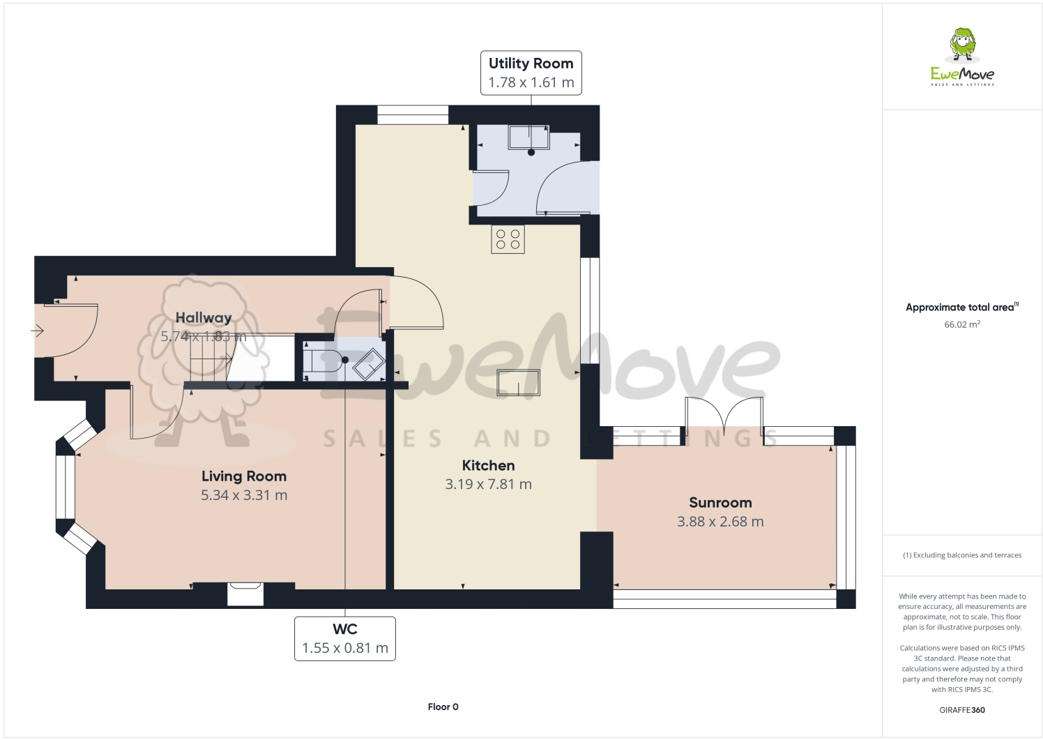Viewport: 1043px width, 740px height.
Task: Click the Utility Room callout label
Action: pos(531,73)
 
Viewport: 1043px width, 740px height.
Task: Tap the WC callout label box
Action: pos(344,638)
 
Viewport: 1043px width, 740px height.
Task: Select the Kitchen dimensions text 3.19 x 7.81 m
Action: pos(488,484)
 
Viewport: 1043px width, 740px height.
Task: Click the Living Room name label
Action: pos(244,476)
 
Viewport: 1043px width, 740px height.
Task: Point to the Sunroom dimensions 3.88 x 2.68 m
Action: pos(720,522)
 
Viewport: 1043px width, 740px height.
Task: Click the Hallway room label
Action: pos(204,318)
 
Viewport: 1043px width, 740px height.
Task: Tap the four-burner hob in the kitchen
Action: pos(508,239)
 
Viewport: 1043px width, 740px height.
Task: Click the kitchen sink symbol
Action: pos(518,382)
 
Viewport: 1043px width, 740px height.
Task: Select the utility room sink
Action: pos(529,137)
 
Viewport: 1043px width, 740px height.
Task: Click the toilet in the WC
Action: pos(324,360)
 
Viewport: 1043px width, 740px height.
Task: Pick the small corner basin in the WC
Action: pos(369,364)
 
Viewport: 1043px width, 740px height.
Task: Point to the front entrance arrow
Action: pos(38,331)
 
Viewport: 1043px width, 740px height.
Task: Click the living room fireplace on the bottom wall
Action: pos(245,594)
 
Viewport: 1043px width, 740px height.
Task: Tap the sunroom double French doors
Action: pos(724,416)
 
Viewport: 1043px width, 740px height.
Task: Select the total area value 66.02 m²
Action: pos(962,324)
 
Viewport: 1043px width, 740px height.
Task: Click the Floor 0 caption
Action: pos(443,707)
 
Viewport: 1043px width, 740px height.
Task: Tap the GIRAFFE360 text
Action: pos(962,710)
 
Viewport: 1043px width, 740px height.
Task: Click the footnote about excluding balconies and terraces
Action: pos(962,555)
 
